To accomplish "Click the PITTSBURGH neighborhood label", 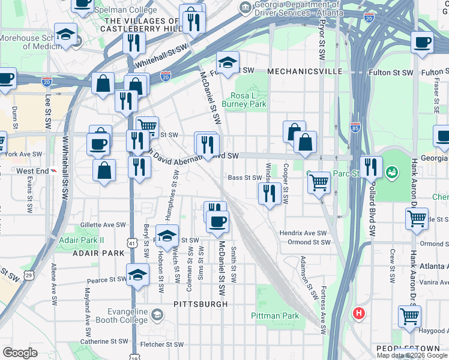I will pyautogui.click(x=200, y=304).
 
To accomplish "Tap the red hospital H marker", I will pyautogui.click(x=359, y=313).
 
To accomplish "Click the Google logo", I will pyautogui.click(x=20, y=353).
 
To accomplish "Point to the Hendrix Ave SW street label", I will pyautogui.click(x=303, y=233).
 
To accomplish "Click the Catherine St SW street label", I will pyautogui.click(x=104, y=341).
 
